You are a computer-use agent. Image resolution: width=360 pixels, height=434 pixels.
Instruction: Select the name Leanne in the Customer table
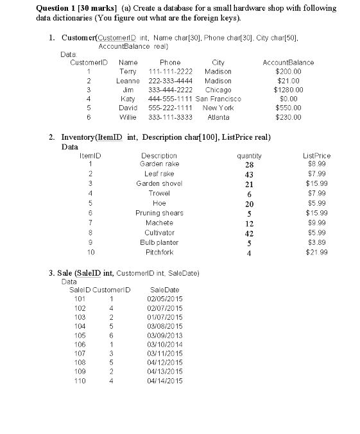point(128,81)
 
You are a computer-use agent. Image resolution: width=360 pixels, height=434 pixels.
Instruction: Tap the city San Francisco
point(218,99)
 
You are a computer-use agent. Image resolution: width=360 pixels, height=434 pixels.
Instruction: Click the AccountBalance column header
point(289,63)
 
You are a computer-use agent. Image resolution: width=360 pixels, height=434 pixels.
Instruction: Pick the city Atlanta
point(218,117)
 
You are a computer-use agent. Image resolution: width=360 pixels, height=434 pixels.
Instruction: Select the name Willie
point(128,117)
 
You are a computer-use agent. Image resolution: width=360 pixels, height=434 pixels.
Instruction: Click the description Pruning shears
point(159,213)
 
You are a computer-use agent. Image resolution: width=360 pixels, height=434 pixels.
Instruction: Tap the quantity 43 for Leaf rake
point(250,174)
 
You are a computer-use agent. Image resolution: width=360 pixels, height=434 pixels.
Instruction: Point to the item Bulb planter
point(159,242)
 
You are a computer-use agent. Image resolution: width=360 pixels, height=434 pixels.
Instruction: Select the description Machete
point(159,222)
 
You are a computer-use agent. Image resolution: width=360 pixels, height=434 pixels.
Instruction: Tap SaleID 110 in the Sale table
point(80,381)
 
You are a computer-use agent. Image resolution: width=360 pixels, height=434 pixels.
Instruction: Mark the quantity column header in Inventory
point(249,156)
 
